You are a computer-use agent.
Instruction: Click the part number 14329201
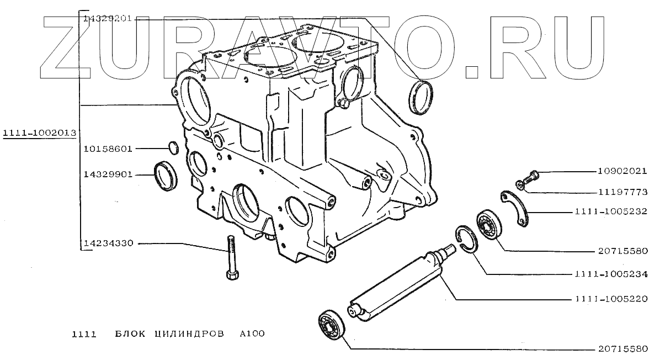[x=107, y=18]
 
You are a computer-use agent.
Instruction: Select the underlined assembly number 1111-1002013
[x=39, y=133]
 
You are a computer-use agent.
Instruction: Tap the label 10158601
[x=108, y=149]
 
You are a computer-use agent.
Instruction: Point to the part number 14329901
[x=108, y=174]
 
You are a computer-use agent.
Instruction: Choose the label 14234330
[x=108, y=243]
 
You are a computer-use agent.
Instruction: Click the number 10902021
[x=622, y=171]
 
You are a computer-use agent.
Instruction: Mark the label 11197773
[x=622, y=192]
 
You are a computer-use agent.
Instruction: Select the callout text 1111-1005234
[x=610, y=274]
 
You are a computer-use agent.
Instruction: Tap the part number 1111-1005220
[x=610, y=299]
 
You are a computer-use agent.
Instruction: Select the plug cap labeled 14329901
[x=166, y=175]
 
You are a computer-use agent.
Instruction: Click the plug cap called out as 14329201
[x=422, y=98]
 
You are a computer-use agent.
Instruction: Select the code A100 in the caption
[x=252, y=334]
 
